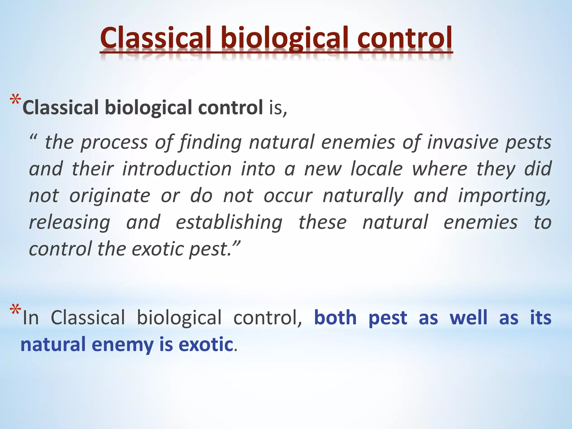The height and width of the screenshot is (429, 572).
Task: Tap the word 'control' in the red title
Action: click(405, 38)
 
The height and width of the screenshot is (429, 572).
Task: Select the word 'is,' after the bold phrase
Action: click(278, 108)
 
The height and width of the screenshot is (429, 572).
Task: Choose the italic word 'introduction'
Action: click(177, 169)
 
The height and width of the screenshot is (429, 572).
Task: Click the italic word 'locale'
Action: click(376, 169)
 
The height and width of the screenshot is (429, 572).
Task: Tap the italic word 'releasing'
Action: click(70, 222)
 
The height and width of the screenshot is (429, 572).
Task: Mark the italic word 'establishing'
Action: click(229, 222)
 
